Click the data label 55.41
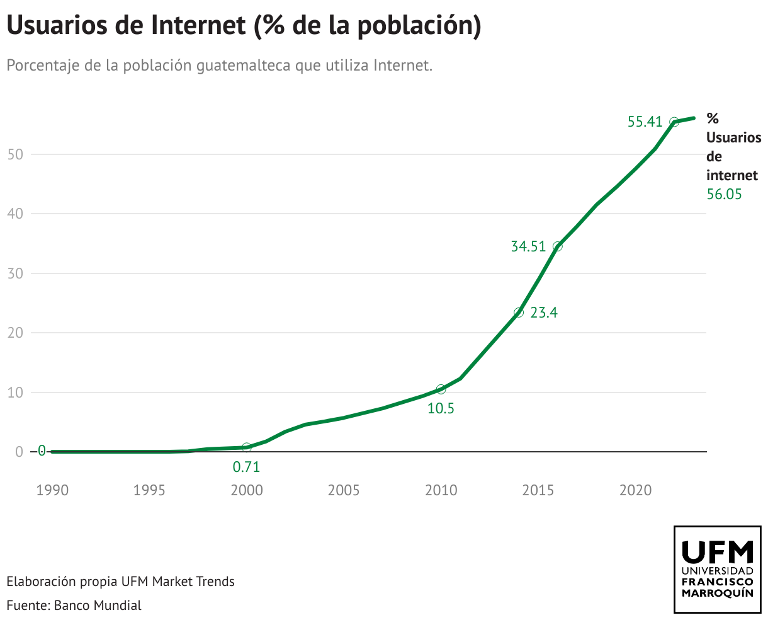tap(645, 122)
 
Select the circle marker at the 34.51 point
tap(557, 246)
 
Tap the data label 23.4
tap(544, 313)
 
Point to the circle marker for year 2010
tap(441, 389)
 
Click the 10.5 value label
tap(441, 408)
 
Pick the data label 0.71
tap(246, 467)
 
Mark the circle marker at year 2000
tap(246, 447)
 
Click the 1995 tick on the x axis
tap(149, 490)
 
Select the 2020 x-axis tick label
tap(635, 490)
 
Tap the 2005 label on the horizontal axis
tap(344, 490)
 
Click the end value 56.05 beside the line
tap(724, 194)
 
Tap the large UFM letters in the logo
tap(718, 552)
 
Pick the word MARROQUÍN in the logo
tap(718, 594)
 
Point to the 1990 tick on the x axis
tap(52, 490)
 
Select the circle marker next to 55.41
tap(674, 122)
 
